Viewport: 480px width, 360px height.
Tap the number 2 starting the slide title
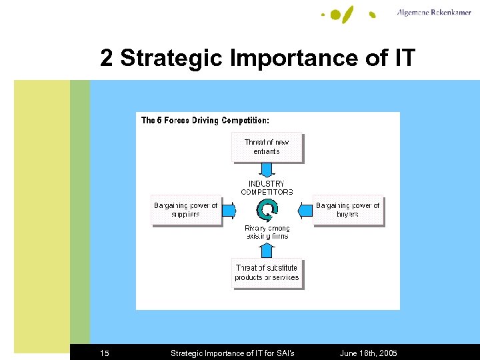click(107, 59)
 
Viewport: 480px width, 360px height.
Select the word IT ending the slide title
click(405, 59)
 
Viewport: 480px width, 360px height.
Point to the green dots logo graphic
click(347, 13)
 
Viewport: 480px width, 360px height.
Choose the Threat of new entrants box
click(267, 147)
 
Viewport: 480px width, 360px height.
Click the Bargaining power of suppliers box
click(186, 210)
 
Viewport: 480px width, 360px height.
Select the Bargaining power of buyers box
click(347, 210)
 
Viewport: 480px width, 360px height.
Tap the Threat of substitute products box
click(267, 273)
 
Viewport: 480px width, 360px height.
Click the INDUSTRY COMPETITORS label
click(267, 187)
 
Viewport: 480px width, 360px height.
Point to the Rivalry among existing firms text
click(267, 232)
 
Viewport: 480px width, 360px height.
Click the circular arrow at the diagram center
click(267, 211)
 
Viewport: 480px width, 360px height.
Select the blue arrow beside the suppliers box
click(229, 211)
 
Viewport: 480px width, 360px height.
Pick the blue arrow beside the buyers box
click(305, 211)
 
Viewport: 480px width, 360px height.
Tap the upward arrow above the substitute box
click(267, 250)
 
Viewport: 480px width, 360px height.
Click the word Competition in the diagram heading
click(245, 121)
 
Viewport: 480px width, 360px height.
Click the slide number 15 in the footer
click(105, 353)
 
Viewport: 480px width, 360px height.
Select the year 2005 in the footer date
click(387, 353)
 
